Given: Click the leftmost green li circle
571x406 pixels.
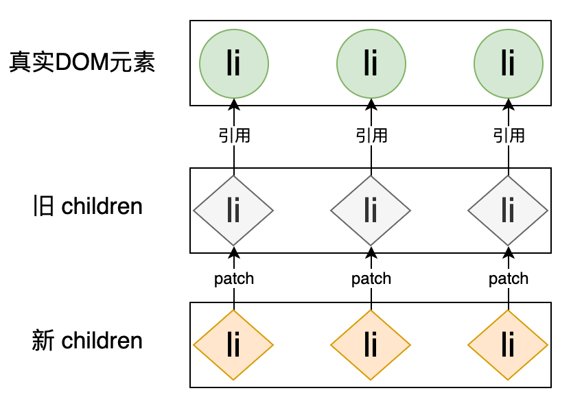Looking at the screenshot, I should click(233, 64).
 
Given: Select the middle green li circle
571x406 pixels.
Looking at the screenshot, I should click(371, 64).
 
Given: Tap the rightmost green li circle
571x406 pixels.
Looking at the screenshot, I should click(508, 64).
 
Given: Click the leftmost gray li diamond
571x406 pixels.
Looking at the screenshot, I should click(233, 210).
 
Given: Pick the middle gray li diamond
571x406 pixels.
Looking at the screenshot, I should click(371, 210).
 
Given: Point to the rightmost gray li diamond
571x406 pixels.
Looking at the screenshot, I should click(508, 210).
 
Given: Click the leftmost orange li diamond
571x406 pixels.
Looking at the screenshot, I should click(233, 344).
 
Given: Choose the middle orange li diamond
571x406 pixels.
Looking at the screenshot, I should click(371, 344).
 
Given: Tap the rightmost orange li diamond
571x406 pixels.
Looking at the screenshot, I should click(508, 344).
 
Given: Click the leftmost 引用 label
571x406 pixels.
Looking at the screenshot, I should click(234, 135).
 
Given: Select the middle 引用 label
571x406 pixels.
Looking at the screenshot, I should click(371, 135).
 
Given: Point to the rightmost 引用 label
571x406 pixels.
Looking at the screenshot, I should click(509, 135).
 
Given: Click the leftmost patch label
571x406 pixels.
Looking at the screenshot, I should click(234, 278).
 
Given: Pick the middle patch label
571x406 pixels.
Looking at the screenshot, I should click(371, 278).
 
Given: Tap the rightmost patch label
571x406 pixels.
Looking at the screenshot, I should click(509, 278).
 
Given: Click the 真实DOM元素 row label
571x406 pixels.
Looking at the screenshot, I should click(82, 63).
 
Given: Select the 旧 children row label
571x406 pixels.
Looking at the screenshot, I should click(87, 206).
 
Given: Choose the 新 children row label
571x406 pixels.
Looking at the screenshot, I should click(87, 340).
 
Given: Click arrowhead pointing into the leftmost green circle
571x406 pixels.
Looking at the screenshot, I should click(234, 104).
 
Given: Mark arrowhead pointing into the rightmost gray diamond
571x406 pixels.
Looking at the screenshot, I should click(509, 250).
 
